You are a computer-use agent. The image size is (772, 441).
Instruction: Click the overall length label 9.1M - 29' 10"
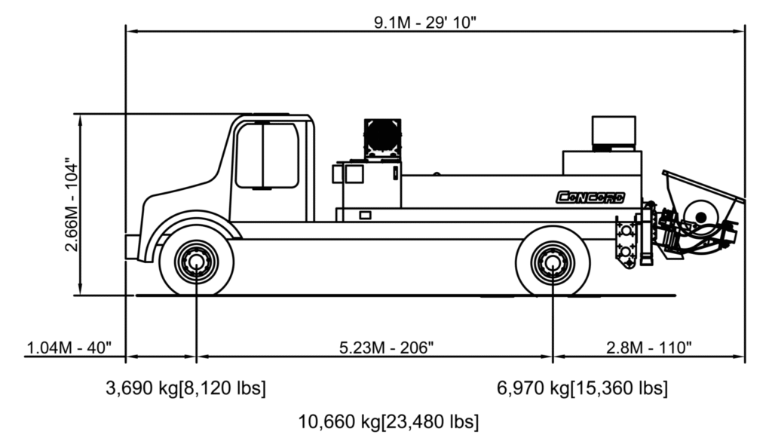tap(425, 22)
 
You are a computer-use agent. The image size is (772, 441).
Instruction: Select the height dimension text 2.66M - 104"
tap(72, 205)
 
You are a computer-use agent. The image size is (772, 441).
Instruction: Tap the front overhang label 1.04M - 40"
tap(69, 348)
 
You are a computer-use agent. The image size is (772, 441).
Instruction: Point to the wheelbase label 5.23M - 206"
tap(387, 348)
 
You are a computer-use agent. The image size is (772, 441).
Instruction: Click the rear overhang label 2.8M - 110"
tap(649, 348)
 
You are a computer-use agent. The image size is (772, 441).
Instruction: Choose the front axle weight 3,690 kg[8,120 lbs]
tap(185, 387)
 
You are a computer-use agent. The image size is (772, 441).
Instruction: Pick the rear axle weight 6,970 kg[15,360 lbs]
tap(583, 387)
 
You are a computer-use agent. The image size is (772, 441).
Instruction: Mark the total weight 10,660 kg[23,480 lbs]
tap(388, 422)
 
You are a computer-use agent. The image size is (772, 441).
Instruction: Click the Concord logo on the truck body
tap(590, 198)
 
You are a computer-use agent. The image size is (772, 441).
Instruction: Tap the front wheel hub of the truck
tap(197, 262)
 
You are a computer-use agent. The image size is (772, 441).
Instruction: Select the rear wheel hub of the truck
tap(553, 262)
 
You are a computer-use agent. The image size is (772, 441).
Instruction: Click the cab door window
tap(267, 155)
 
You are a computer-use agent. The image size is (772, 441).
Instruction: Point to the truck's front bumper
tap(132, 247)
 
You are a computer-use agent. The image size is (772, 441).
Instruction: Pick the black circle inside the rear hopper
tap(701, 217)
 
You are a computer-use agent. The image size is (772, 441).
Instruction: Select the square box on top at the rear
tap(614, 130)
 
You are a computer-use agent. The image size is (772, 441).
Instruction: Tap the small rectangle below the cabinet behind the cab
tap(365, 215)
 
